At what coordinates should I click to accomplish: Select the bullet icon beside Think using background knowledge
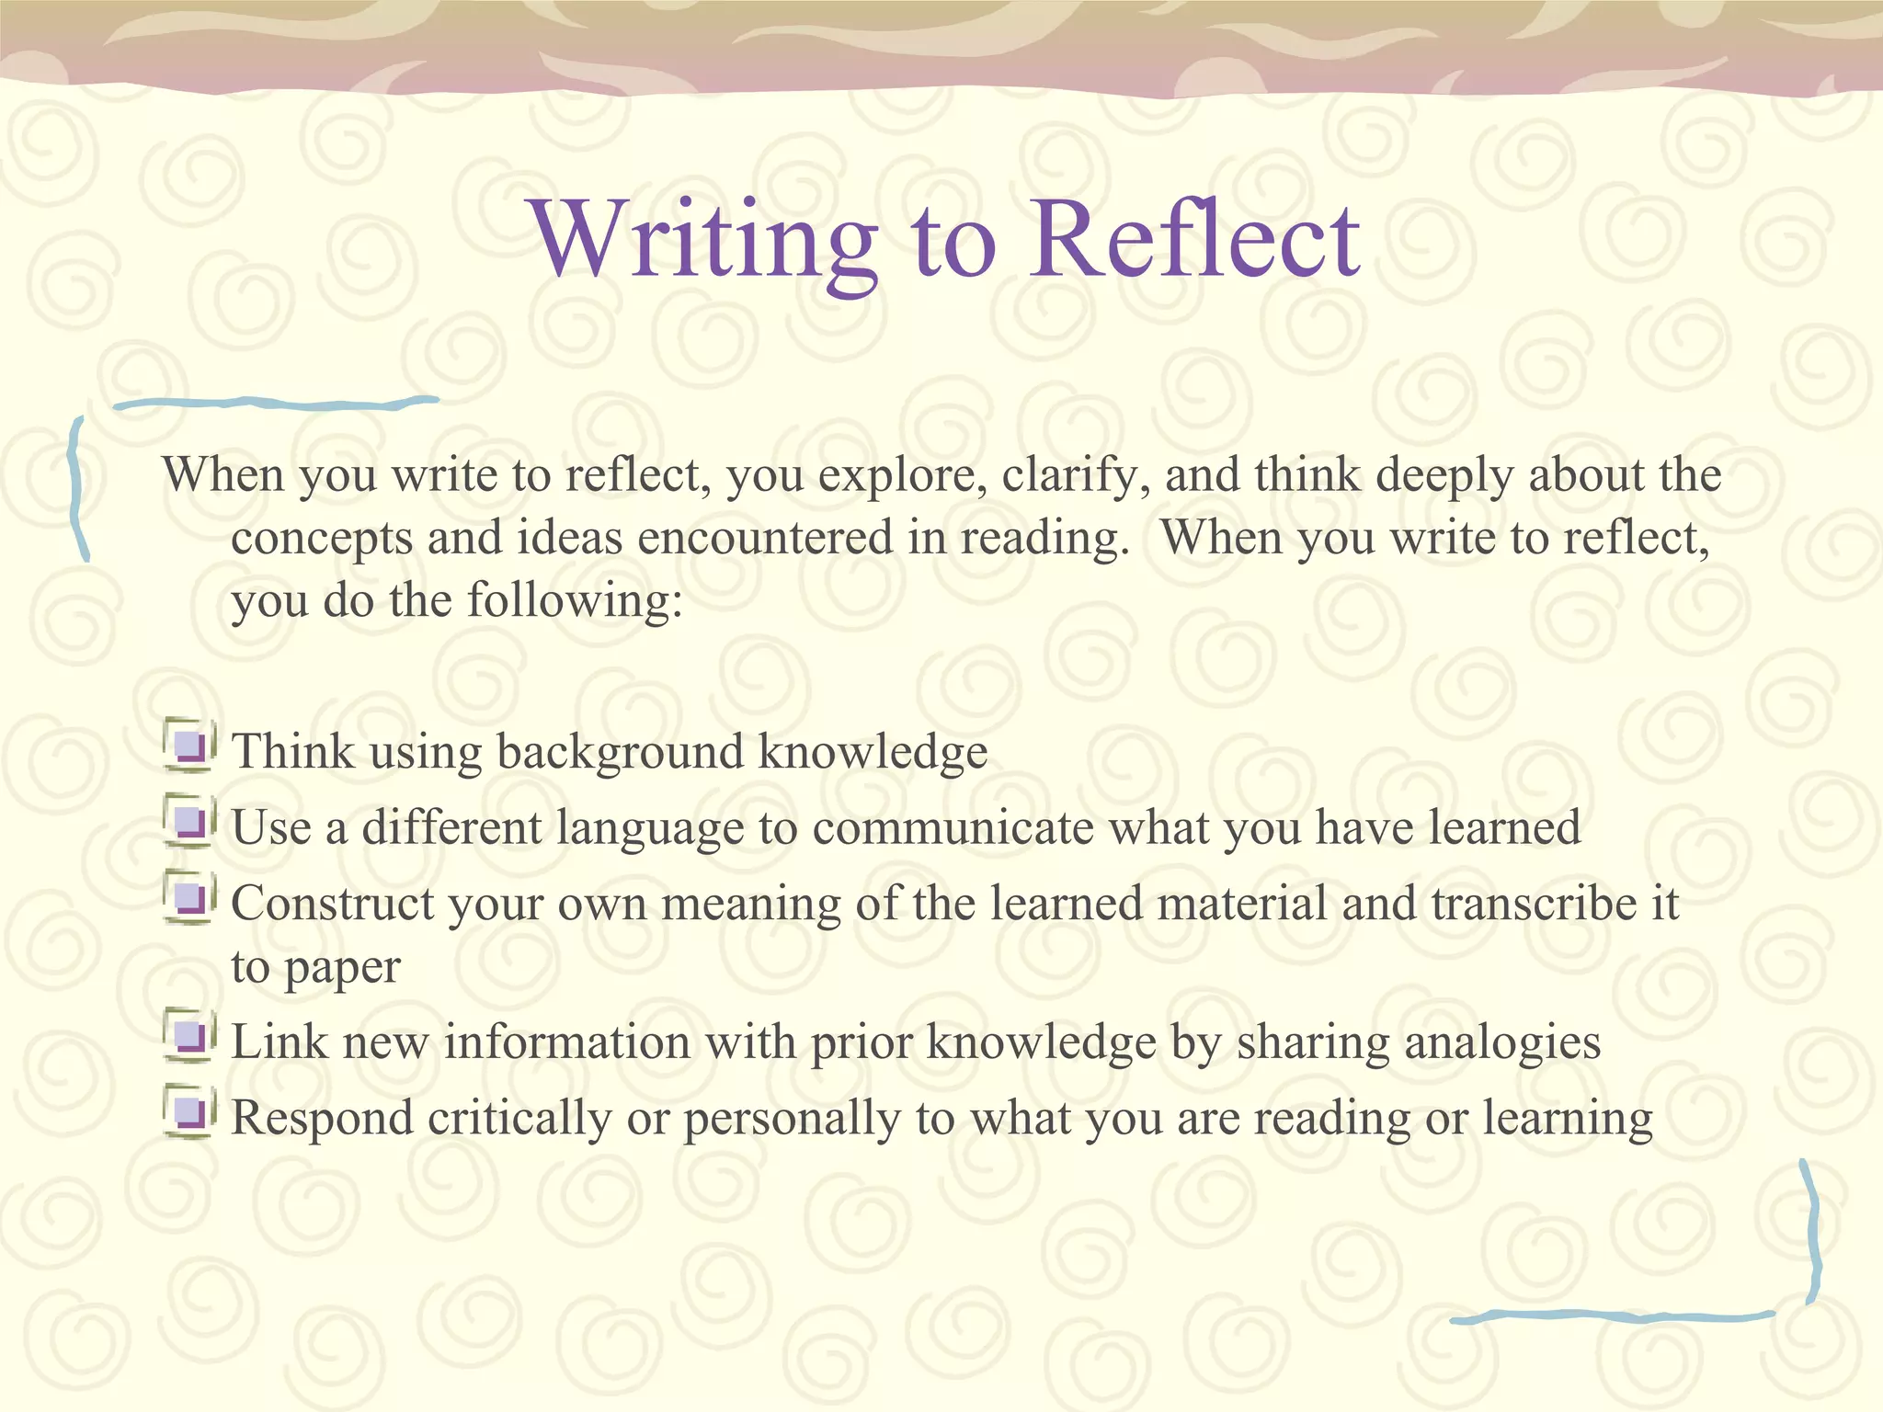point(190,746)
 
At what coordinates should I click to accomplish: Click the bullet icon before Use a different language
point(190,823)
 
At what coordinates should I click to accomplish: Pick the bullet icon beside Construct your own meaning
point(190,898)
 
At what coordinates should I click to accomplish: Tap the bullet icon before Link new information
point(190,1038)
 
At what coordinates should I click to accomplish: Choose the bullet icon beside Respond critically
point(190,1114)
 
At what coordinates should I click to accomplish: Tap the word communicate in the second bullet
point(953,828)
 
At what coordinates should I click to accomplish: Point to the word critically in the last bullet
point(519,1120)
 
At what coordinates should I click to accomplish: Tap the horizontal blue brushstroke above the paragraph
point(276,403)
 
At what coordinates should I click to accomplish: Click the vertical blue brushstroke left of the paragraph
point(79,487)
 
